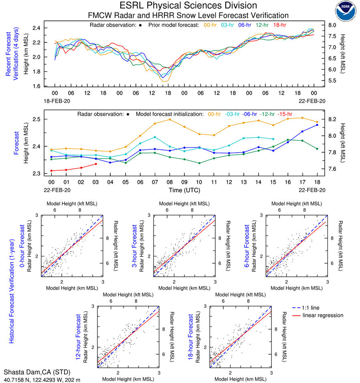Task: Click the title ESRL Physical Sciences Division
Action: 188,6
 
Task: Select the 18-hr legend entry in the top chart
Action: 279,25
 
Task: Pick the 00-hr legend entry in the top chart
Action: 211,25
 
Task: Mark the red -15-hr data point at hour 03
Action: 96,164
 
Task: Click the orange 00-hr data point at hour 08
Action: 170,119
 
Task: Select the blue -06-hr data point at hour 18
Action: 317,125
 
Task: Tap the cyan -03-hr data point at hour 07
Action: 155,137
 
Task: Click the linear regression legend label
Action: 323,315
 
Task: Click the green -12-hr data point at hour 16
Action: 287,140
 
